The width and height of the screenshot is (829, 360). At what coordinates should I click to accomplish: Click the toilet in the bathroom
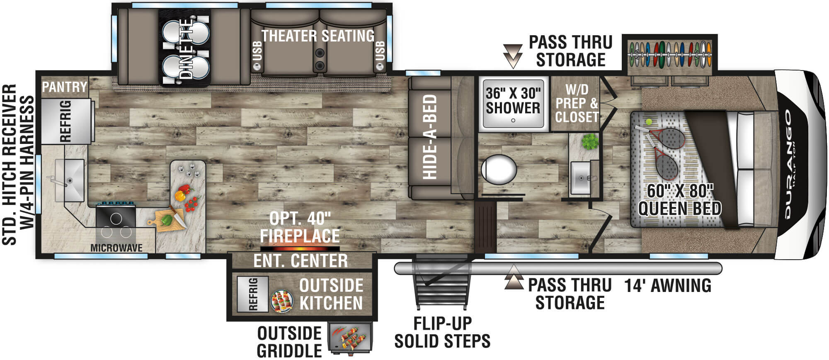click(x=499, y=170)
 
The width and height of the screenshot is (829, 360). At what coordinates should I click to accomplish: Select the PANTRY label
click(x=65, y=87)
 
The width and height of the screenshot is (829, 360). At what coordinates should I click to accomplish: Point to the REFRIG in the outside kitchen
click(x=252, y=294)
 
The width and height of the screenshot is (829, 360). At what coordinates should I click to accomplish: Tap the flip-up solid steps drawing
click(x=442, y=282)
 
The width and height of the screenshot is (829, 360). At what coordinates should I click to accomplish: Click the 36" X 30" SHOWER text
click(x=513, y=101)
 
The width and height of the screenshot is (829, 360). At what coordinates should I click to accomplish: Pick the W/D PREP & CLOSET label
click(x=577, y=103)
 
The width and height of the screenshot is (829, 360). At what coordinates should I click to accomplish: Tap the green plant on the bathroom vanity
click(x=589, y=142)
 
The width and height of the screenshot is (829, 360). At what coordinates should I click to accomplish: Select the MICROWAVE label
click(x=116, y=248)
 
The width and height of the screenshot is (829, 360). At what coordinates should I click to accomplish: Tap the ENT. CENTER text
click(x=301, y=261)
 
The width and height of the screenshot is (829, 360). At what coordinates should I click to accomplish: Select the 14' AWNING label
click(x=668, y=286)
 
